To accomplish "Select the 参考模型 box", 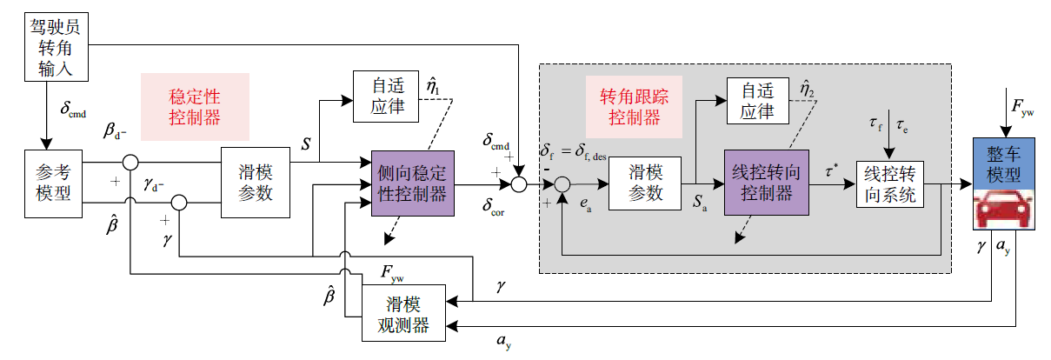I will tap(53, 183).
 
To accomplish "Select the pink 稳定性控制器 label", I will tap(195, 106).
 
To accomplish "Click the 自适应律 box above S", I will tap(385, 96).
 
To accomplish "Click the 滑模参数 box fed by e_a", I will tap(644, 184).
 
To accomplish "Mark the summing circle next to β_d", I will tap(131, 163).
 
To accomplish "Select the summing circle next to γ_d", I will tap(178, 203).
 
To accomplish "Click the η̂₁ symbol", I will tap(432, 85).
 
